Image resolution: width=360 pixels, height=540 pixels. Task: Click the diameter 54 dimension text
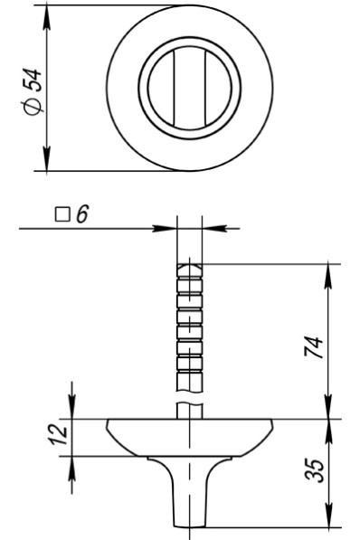33,91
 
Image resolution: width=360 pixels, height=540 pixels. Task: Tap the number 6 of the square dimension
82,214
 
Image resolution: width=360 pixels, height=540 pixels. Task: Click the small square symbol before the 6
62,214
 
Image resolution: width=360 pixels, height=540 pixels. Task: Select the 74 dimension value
314,348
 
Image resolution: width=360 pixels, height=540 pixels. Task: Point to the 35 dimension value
315,469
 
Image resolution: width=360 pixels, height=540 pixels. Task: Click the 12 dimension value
59,434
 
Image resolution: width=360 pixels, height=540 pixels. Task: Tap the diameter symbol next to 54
33,107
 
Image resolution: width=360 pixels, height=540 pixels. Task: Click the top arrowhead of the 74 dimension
328,276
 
